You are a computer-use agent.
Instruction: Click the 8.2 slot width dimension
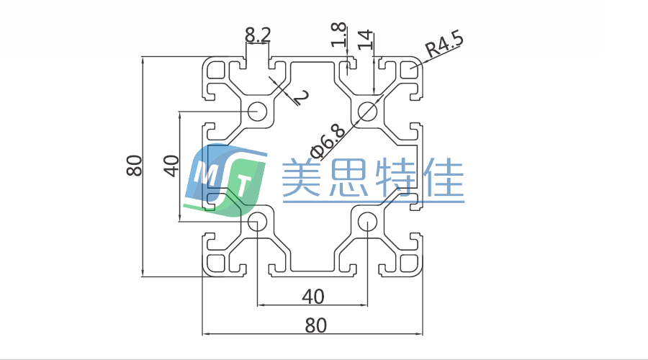point(257,34)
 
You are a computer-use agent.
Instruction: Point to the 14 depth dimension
point(365,38)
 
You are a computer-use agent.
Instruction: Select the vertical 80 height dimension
point(133,166)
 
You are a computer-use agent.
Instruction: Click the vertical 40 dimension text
point(171,166)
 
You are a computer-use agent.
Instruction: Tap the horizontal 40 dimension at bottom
point(312,296)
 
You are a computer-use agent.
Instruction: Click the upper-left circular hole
point(257,112)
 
